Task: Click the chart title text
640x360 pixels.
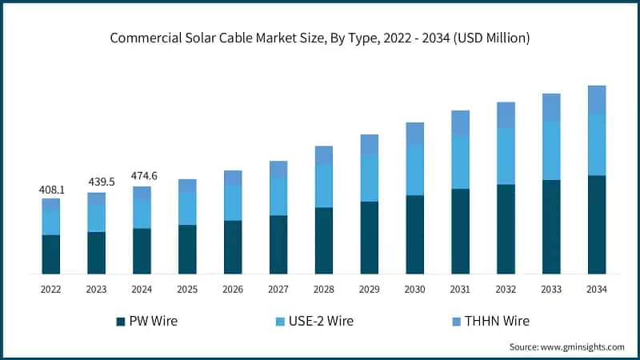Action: click(x=320, y=38)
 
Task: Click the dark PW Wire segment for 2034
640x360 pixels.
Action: click(x=597, y=225)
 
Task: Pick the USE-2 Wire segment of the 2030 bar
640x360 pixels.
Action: click(x=414, y=170)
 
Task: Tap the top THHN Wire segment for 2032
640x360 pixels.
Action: click(x=506, y=115)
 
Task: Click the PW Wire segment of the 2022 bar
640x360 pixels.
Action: click(x=51, y=254)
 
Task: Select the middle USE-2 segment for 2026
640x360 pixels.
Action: click(x=233, y=202)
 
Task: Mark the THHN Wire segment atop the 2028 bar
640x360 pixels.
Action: click(x=324, y=155)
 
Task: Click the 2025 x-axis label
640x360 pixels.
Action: click(x=187, y=289)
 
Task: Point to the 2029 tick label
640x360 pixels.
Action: click(x=369, y=289)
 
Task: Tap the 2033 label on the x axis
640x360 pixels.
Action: click(x=551, y=289)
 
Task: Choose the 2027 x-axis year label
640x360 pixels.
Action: click(x=278, y=289)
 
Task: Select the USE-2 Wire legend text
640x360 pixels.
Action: click(x=325, y=322)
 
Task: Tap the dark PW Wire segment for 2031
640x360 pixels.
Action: click(x=460, y=231)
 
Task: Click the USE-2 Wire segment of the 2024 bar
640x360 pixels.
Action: click(x=142, y=214)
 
